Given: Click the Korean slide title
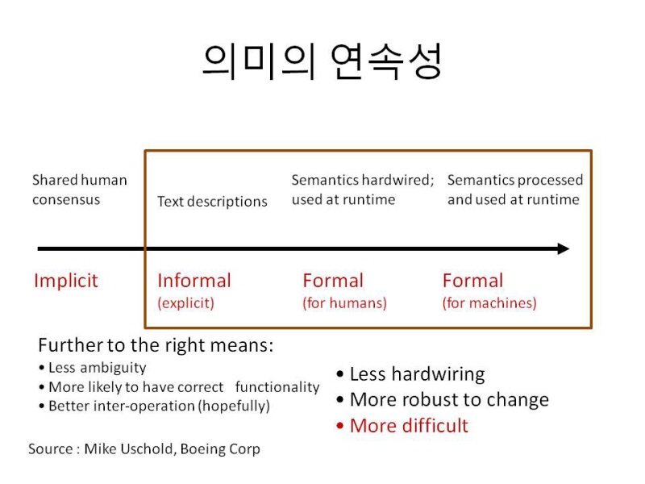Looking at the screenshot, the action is tap(322, 61).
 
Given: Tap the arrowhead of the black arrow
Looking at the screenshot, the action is tap(564, 248).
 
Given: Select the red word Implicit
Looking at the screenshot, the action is tap(66, 282).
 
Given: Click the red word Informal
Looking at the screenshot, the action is tap(194, 281).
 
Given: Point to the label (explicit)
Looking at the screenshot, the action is tap(186, 303).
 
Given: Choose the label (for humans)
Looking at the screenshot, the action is tap(345, 303).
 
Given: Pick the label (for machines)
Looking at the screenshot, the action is tap(489, 303).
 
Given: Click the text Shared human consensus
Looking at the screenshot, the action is tap(79, 190).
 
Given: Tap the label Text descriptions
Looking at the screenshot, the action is tap(212, 202).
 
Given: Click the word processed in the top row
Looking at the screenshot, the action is tap(551, 180).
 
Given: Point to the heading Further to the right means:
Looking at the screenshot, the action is tap(156, 345).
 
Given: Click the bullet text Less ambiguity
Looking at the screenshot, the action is tap(97, 368).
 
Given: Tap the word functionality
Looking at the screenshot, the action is tap(277, 387).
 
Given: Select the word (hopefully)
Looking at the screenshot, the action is tap(234, 407).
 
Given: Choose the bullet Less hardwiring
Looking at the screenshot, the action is tap(417, 374).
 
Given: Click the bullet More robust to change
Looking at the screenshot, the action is tap(449, 399).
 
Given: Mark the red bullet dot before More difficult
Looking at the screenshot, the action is tap(339, 426).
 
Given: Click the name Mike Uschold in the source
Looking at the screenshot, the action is tap(130, 449).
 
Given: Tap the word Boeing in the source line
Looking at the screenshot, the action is tap(199, 449).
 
